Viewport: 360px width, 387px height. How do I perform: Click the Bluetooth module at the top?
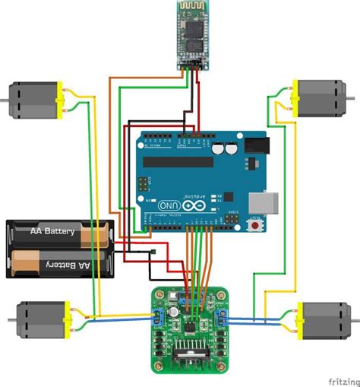[x=193, y=35]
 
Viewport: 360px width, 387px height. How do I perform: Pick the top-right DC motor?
[x=320, y=97]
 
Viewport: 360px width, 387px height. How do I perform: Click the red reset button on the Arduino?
[x=255, y=226]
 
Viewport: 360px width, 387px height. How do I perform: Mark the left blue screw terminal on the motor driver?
[x=157, y=319]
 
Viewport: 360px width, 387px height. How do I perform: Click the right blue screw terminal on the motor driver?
[x=223, y=319]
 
